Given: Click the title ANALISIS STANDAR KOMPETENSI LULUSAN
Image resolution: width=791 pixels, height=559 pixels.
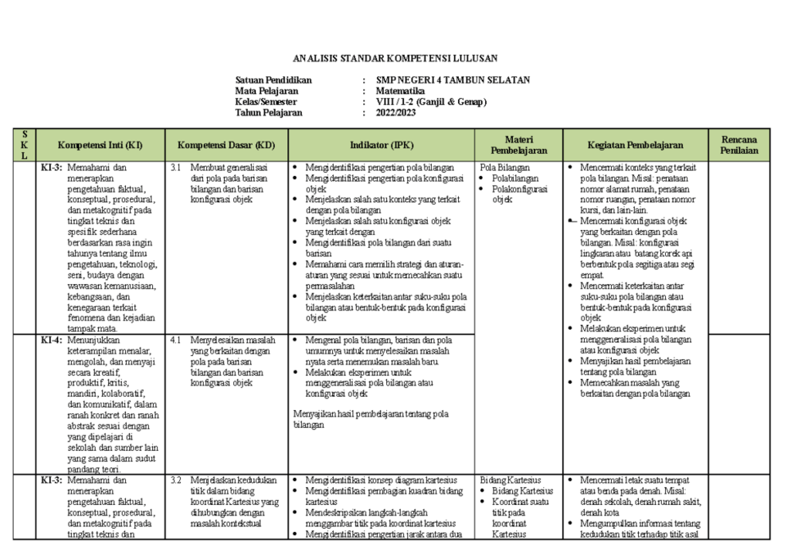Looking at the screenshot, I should tap(395, 58).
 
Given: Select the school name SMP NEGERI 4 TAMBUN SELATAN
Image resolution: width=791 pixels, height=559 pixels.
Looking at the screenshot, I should tap(453, 80).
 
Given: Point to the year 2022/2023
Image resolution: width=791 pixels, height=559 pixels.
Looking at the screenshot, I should tap(395, 113).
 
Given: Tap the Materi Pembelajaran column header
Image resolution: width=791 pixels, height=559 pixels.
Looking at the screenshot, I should tap(519, 145).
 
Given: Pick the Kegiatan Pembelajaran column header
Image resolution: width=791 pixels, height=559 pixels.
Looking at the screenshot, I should tap(635, 145).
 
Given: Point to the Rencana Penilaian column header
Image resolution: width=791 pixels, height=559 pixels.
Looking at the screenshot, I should tap(739, 145).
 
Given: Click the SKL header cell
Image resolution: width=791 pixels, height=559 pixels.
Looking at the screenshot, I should tap(25, 145).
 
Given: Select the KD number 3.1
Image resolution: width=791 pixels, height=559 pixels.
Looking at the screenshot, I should tap(175, 167).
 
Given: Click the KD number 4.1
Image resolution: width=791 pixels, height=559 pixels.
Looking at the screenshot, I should tap(175, 340).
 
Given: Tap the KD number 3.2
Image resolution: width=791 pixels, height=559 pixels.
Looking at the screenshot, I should tap(175, 480).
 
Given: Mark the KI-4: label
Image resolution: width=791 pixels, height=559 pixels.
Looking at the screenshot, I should tap(53, 340).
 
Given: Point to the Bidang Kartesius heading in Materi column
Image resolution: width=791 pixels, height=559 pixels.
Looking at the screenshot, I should tap(511, 480).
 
